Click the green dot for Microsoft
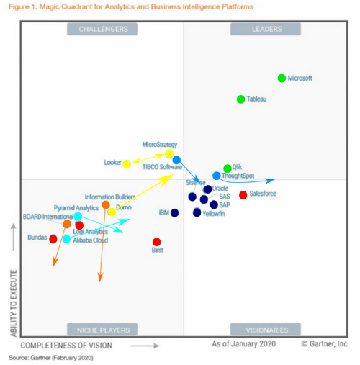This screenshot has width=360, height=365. (282, 78)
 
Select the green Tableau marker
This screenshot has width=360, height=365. (241, 99)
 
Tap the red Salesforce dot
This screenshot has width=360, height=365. (243, 194)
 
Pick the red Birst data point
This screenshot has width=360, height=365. (157, 242)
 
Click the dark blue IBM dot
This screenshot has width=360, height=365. (174, 212)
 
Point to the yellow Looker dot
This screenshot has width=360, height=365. (127, 163)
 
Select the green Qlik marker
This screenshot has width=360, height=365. (228, 168)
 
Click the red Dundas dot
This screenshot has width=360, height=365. (53, 238)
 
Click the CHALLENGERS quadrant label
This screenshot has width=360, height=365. (102, 29)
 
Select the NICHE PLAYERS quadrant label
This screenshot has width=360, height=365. (102, 330)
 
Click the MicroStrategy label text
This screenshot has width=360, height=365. (160, 145)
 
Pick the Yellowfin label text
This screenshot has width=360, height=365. (213, 214)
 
